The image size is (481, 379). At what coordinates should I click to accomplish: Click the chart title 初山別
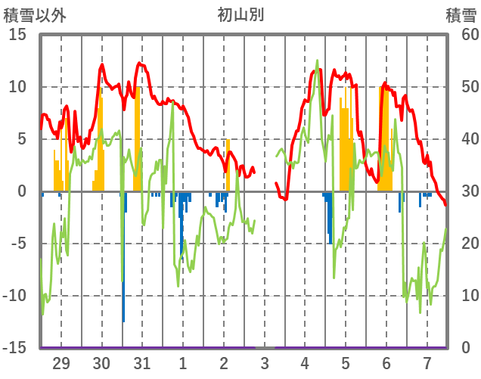pyautogui.click(x=240, y=14)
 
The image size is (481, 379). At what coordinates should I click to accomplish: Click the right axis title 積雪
pyautogui.click(x=461, y=14)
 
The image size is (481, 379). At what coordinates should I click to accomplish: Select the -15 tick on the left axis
pyautogui.click(x=15, y=348)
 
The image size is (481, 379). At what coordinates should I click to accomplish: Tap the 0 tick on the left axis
pyautogui.click(x=22, y=191)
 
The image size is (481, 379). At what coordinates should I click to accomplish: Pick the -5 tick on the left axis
pyautogui.click(x=18, y=244)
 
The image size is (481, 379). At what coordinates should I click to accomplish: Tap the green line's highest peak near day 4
pyautogui.click(x=317, y=61)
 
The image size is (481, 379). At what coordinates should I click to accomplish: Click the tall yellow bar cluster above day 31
pyautogui.click(x=138, y=136)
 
